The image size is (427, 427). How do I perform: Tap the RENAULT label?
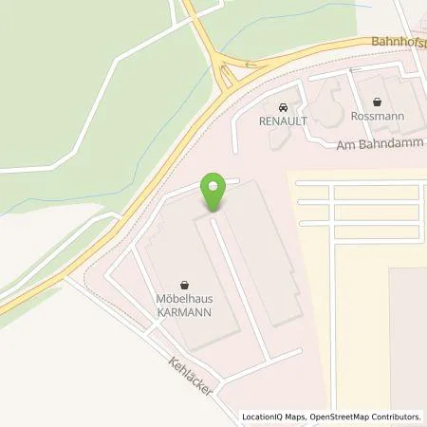[x=284, y=121]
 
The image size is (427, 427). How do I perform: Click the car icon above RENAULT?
[x=284, y=106]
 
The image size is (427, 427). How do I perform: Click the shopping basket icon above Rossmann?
[x=379, y=102]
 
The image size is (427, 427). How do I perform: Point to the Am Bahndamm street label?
[x=378, y=143]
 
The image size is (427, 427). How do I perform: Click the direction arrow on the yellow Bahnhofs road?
[x=251, y=65]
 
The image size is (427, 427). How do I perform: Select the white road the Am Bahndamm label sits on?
[x=323, y=145]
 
